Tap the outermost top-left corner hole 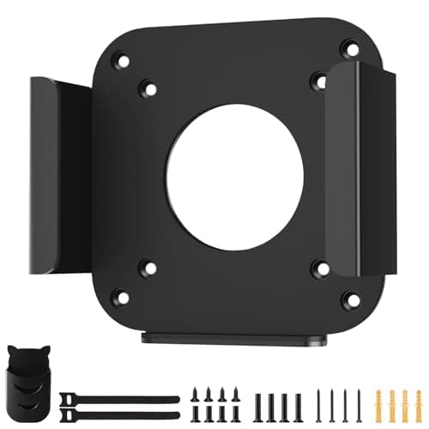(123, 62)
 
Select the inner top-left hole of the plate (148, 88)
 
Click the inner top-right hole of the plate (319, 81)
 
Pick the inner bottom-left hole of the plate (148, 269)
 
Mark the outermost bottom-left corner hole (123, 298)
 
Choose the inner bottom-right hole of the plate (318, 268)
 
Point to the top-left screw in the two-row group (197, 375)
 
